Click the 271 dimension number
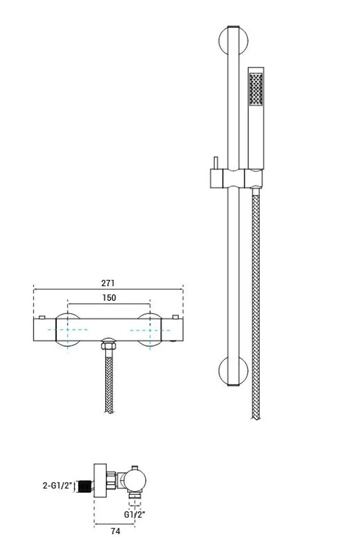click(x=108, y=283)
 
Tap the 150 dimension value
click(x=109, y=298)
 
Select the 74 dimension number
click(x=116, y=531)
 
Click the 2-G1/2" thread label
click(x=58, y=485)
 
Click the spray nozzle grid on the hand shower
click(x=256, y=89)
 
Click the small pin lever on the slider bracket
click(x=216, y=163)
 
